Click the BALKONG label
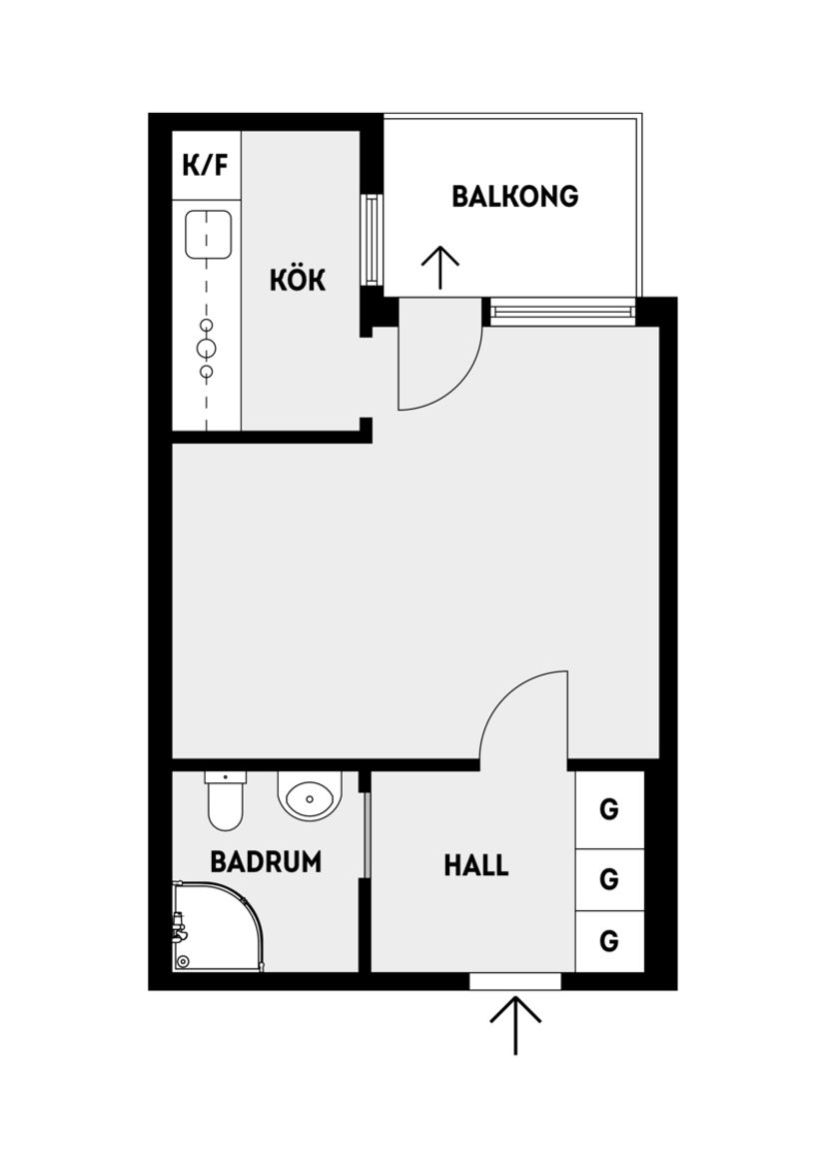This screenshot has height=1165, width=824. (514, 196)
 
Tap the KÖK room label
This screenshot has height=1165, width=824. (298, 281)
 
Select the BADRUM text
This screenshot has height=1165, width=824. (266, 861)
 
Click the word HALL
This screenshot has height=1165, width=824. (476, 865)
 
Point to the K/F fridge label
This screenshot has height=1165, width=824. (205, 165)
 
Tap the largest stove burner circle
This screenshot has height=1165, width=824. (207, 349)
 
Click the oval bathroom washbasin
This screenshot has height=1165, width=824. (310, 798)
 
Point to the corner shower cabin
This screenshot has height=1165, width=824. (215, 927)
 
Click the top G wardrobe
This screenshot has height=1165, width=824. (609, 808)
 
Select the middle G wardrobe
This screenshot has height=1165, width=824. (609, 879)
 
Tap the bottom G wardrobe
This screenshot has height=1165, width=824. (609, 941)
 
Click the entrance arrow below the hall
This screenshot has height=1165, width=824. (515, 1024)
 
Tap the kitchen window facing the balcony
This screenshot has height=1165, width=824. (372, 240)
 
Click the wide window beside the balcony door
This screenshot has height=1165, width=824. (562, 312)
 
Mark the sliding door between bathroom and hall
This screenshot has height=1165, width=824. (366, 834)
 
